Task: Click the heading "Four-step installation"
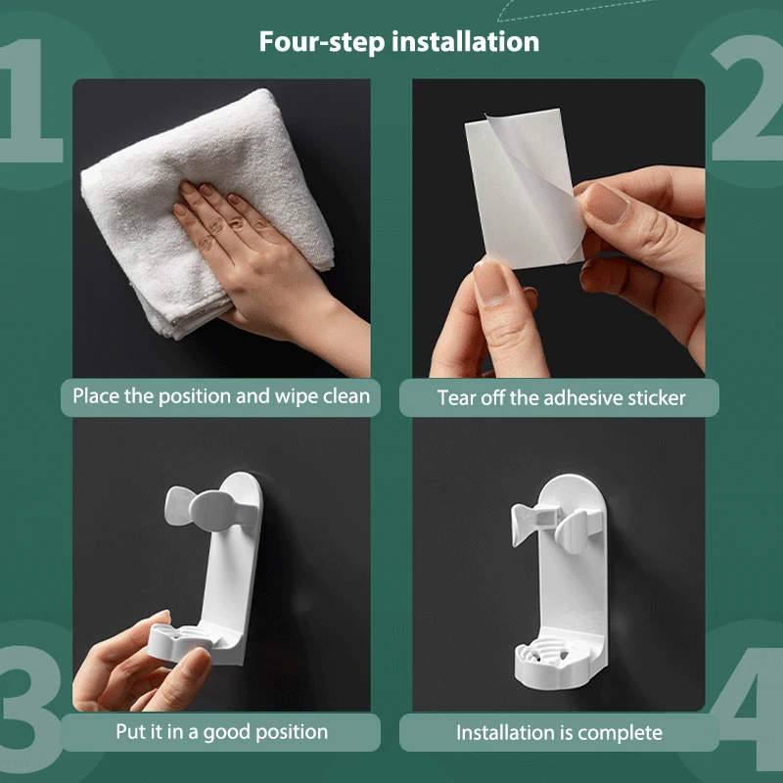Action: click(399, 41)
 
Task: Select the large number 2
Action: click(748, 97)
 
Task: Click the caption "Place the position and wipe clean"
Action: click(221, 396)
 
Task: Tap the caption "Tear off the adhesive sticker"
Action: click(561, 398)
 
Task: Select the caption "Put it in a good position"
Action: click(222, 732)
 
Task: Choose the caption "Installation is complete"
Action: click(559, 733)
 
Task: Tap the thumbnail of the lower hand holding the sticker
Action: click(491, 282)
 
